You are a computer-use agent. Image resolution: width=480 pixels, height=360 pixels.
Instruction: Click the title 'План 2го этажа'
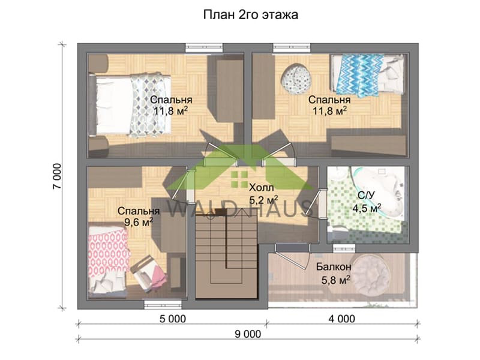[x=250, y=15]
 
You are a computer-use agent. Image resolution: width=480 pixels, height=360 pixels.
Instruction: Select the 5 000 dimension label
[x=173, y=319]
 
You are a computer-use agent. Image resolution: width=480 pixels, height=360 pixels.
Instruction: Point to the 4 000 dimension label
[x=342, y=319]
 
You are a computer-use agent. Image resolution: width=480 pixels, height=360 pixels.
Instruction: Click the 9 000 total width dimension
[x=248, y=334]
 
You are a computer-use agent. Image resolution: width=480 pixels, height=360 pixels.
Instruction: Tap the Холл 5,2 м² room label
[x=263, y=194]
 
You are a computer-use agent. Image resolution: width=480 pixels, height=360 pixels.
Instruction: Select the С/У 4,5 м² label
[x=367, y=202]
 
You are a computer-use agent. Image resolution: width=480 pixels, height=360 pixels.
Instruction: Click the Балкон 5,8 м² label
[x=334, y=274]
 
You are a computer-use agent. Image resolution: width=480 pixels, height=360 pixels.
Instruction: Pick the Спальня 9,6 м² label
[x=139, y=217]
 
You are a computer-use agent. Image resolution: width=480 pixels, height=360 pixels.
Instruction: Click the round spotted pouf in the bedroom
[x=296, y=78]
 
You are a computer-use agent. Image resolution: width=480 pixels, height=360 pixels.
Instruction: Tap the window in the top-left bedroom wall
[x=204, y=48]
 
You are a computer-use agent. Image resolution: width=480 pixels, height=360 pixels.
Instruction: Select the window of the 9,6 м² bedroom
[x=163, y=305]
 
